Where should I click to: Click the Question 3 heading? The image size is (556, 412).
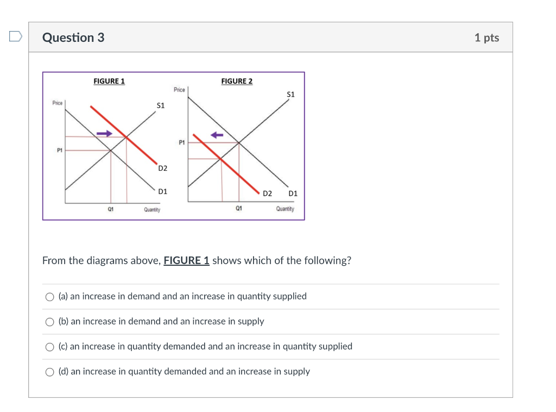coord(73,38)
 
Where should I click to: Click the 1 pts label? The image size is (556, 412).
coord(486,38)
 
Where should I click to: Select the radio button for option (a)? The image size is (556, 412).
coord(50,297)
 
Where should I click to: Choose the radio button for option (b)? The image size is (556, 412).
coord(50,322)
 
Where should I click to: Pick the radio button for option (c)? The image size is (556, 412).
coord(50,347)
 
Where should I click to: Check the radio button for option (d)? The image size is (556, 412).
coord(50,372)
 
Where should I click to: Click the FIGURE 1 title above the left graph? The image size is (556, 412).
coord(109,81)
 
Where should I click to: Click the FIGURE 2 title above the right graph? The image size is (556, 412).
coord(237,81)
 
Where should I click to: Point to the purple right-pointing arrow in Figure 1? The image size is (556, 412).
coord(105,133)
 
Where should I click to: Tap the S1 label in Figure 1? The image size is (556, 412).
coord(160,105)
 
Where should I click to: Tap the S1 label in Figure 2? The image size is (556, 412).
coord(290,94)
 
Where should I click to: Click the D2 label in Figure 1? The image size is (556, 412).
coord(163,168)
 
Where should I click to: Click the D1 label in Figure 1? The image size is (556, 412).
coord(162,191)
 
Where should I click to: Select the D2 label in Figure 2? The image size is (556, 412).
coord(267,193)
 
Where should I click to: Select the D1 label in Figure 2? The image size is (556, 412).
coord(293,193)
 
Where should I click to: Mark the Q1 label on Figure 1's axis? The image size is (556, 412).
coord(111,209)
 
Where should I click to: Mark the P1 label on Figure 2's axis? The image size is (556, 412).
coord(182,142)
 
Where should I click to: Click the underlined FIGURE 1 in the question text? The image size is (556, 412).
coord(186,260)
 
